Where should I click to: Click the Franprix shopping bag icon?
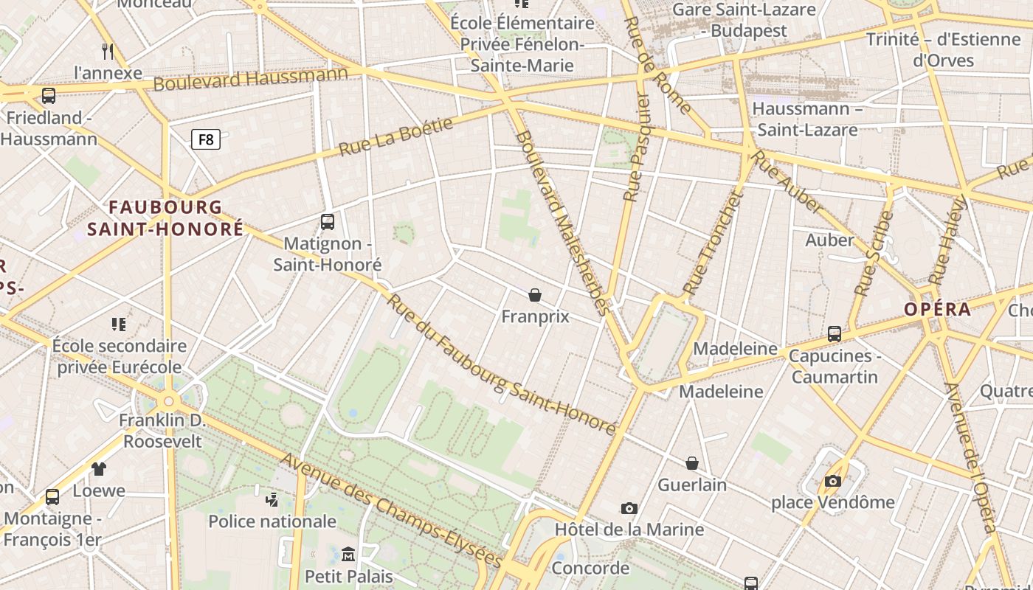(x=535, y=295)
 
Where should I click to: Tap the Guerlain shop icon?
(x=692, y=463)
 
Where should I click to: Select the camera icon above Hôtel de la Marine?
(x=629, y=508)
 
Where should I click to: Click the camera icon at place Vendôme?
(x=833, y=482)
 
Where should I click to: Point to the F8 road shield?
(x=206, y=139)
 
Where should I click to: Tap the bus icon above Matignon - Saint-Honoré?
(x=328, y=221)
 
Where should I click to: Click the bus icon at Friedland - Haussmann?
(x=49, y=95)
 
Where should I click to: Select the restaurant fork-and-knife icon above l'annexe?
(x=108, y=51)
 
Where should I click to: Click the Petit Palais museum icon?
(x=348, y=554)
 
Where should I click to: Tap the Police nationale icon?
(x=272, y=499)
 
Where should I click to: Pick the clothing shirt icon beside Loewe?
(x=99, y=468)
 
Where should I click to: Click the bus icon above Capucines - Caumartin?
(x=835, y=334)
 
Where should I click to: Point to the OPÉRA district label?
(x=938, y=309)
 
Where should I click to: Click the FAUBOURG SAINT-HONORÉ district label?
(x=165, y=218)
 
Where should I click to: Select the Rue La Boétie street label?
(x=395, y=137)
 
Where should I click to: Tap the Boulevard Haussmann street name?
(x=250, y=78)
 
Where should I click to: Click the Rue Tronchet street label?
(x=711, y=243)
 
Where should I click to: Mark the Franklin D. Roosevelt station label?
(x=162, y=431)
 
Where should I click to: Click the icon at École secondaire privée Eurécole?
(x=119, y=324)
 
